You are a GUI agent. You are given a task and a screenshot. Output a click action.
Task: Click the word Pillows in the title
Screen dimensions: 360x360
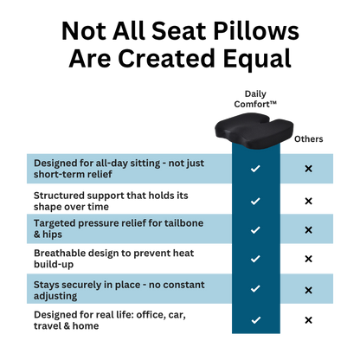coord(256,30)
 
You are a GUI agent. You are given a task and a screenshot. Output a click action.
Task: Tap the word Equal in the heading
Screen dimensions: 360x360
coord(257,60)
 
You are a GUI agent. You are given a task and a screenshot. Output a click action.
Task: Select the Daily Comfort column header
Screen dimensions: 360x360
coord(255,99)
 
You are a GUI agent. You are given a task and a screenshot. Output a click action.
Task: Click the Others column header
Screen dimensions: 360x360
coord(308,139)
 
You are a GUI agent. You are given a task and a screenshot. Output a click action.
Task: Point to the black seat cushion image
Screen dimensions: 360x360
coord(254,130)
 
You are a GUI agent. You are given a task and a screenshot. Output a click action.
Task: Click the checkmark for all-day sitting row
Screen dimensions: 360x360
coord(255,169)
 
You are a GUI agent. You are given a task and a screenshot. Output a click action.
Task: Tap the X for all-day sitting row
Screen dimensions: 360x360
coord(308,169)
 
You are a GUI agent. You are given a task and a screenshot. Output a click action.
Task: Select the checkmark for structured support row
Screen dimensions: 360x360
coord(255,201)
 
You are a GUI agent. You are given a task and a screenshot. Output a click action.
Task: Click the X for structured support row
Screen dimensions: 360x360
coord(308,201)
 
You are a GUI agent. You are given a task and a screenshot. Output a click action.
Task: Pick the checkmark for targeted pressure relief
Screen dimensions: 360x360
coord(255,230)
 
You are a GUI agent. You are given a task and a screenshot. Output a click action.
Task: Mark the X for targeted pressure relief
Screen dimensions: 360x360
coord(308,230)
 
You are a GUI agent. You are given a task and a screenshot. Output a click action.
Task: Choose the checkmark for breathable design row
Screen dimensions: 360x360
coord(255,259)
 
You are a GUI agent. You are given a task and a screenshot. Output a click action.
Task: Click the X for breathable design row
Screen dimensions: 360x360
coord(308,259)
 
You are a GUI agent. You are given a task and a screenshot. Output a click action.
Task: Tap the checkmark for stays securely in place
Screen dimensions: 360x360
coord(255,288)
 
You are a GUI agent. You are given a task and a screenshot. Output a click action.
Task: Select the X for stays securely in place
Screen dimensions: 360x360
coord(308,290)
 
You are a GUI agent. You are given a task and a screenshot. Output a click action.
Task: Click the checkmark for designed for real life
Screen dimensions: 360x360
coord(255,320)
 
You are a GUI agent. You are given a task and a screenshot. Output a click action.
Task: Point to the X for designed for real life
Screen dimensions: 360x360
coord(308,320)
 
